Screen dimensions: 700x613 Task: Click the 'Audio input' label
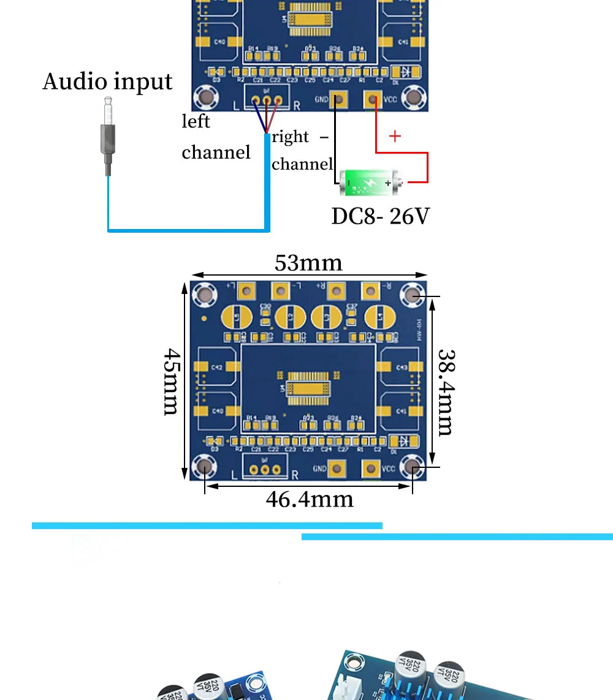[107, 81]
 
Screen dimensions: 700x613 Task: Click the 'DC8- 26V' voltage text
[380, 216]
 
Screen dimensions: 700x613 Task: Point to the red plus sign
[395, 136]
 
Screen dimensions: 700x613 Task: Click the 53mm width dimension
[308, 263]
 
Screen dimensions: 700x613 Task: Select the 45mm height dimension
[172, 382]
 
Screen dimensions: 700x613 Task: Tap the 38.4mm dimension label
[446, 392]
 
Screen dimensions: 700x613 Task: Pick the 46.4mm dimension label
[310, 499]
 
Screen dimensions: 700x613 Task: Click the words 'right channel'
[302, 151]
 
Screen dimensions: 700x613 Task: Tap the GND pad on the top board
[337, 99]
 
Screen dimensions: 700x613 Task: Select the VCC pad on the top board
[371, 99]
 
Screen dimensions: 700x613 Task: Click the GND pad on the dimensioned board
[336, 469]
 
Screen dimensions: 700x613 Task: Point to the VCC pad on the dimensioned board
[370, 469]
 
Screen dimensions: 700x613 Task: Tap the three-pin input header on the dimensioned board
[265, 469]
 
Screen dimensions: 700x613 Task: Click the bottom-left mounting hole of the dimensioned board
[204, 468]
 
